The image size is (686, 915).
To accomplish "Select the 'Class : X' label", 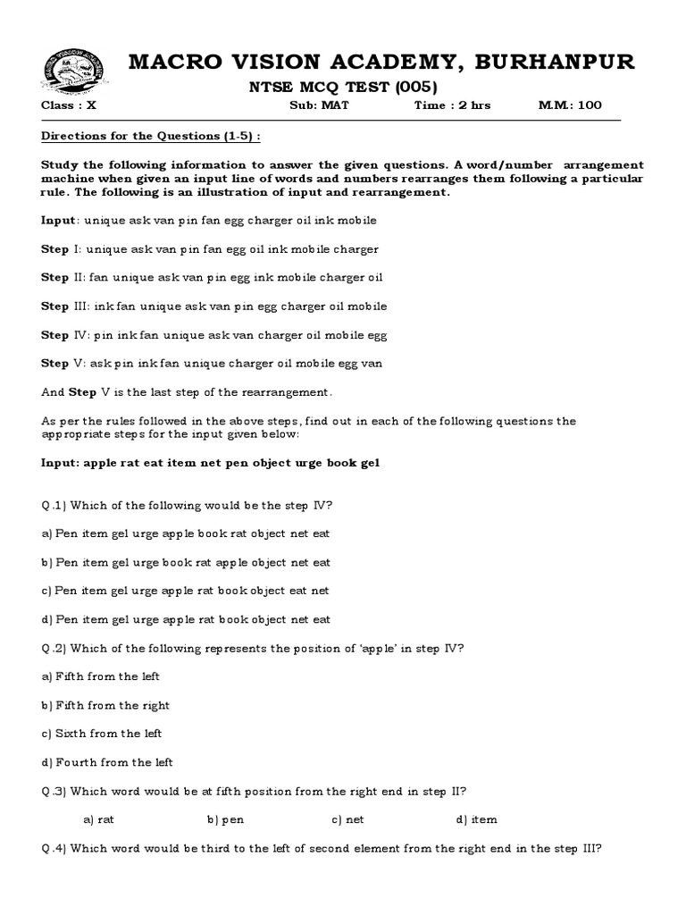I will point(69,105).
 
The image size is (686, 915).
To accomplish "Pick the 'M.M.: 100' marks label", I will point(570,105).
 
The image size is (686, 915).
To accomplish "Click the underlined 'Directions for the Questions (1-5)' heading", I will point(152,137).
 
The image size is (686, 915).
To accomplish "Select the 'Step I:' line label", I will point(62,249).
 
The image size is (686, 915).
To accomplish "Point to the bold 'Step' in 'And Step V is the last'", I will point(83,392).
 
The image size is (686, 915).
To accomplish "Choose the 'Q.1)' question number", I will point(54,506).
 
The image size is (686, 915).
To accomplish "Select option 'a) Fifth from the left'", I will point(101,676).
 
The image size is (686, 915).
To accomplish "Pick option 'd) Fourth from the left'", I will point(107,762).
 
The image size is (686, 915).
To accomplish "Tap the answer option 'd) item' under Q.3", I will point(477,819).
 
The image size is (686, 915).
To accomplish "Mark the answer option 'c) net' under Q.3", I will point(348,819).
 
